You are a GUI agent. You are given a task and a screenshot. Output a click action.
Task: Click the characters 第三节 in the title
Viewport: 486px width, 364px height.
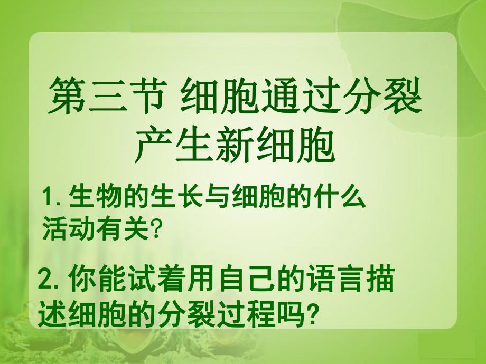pos(104,97)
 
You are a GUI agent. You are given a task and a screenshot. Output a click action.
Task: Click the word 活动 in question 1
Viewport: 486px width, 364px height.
pos(69,229)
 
